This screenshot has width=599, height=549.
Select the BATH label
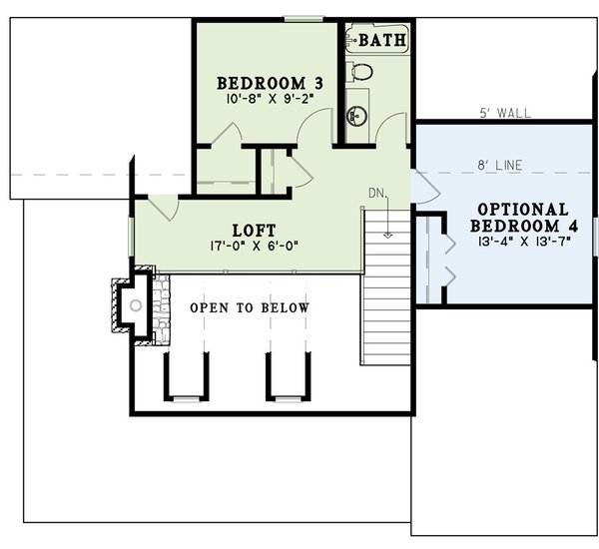382,41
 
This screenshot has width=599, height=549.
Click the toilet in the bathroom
359,72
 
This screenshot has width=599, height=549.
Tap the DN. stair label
377,192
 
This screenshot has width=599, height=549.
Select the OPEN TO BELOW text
250,308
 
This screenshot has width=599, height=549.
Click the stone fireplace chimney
134,305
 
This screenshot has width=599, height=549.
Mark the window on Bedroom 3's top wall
302,18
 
